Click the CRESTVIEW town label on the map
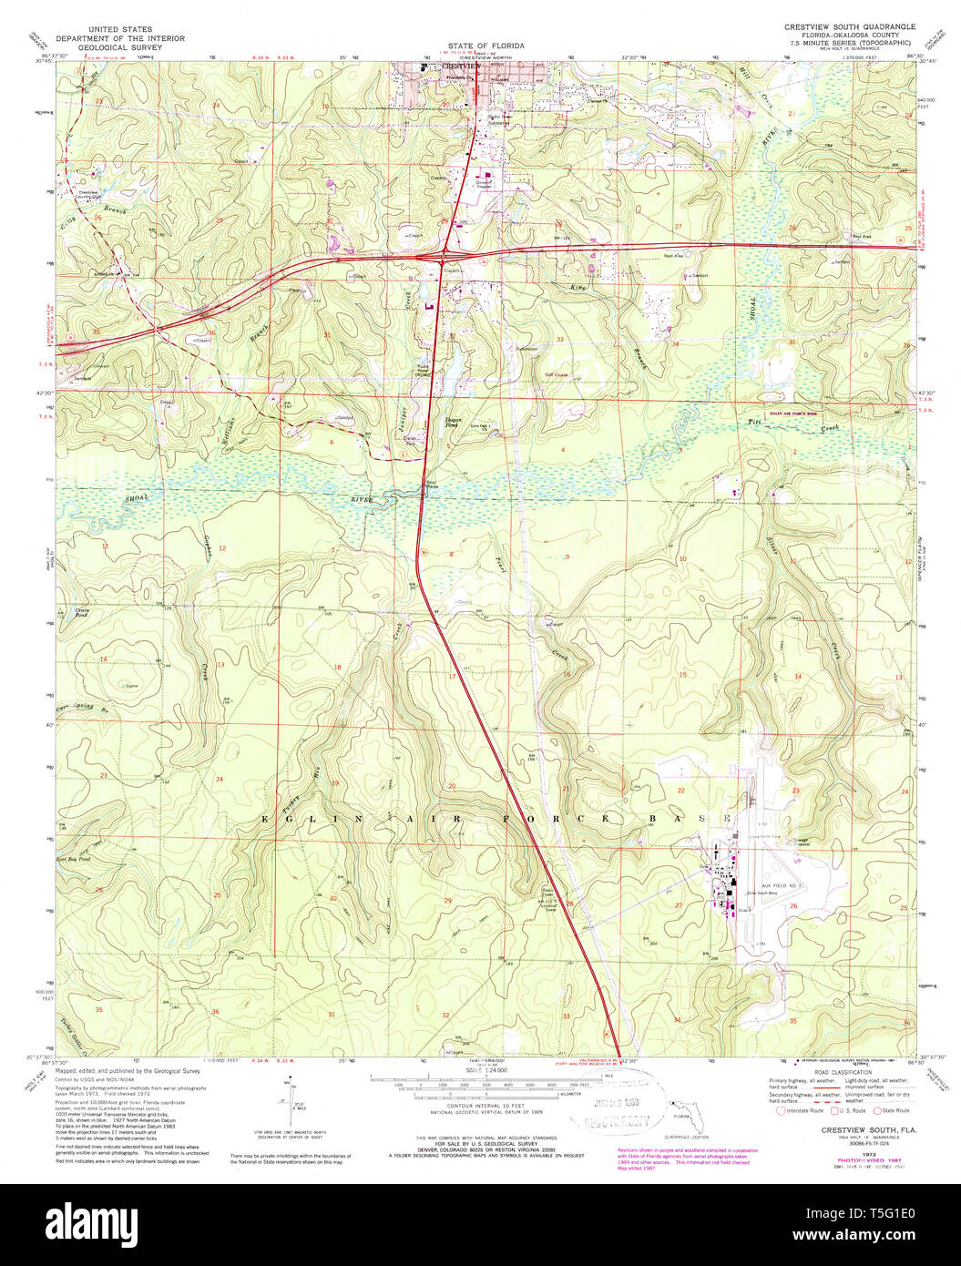(x=460, y=67)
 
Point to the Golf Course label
(x=557, y=374)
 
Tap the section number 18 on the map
(x=337, y=668)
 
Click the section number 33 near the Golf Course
(x=560, y=340)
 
